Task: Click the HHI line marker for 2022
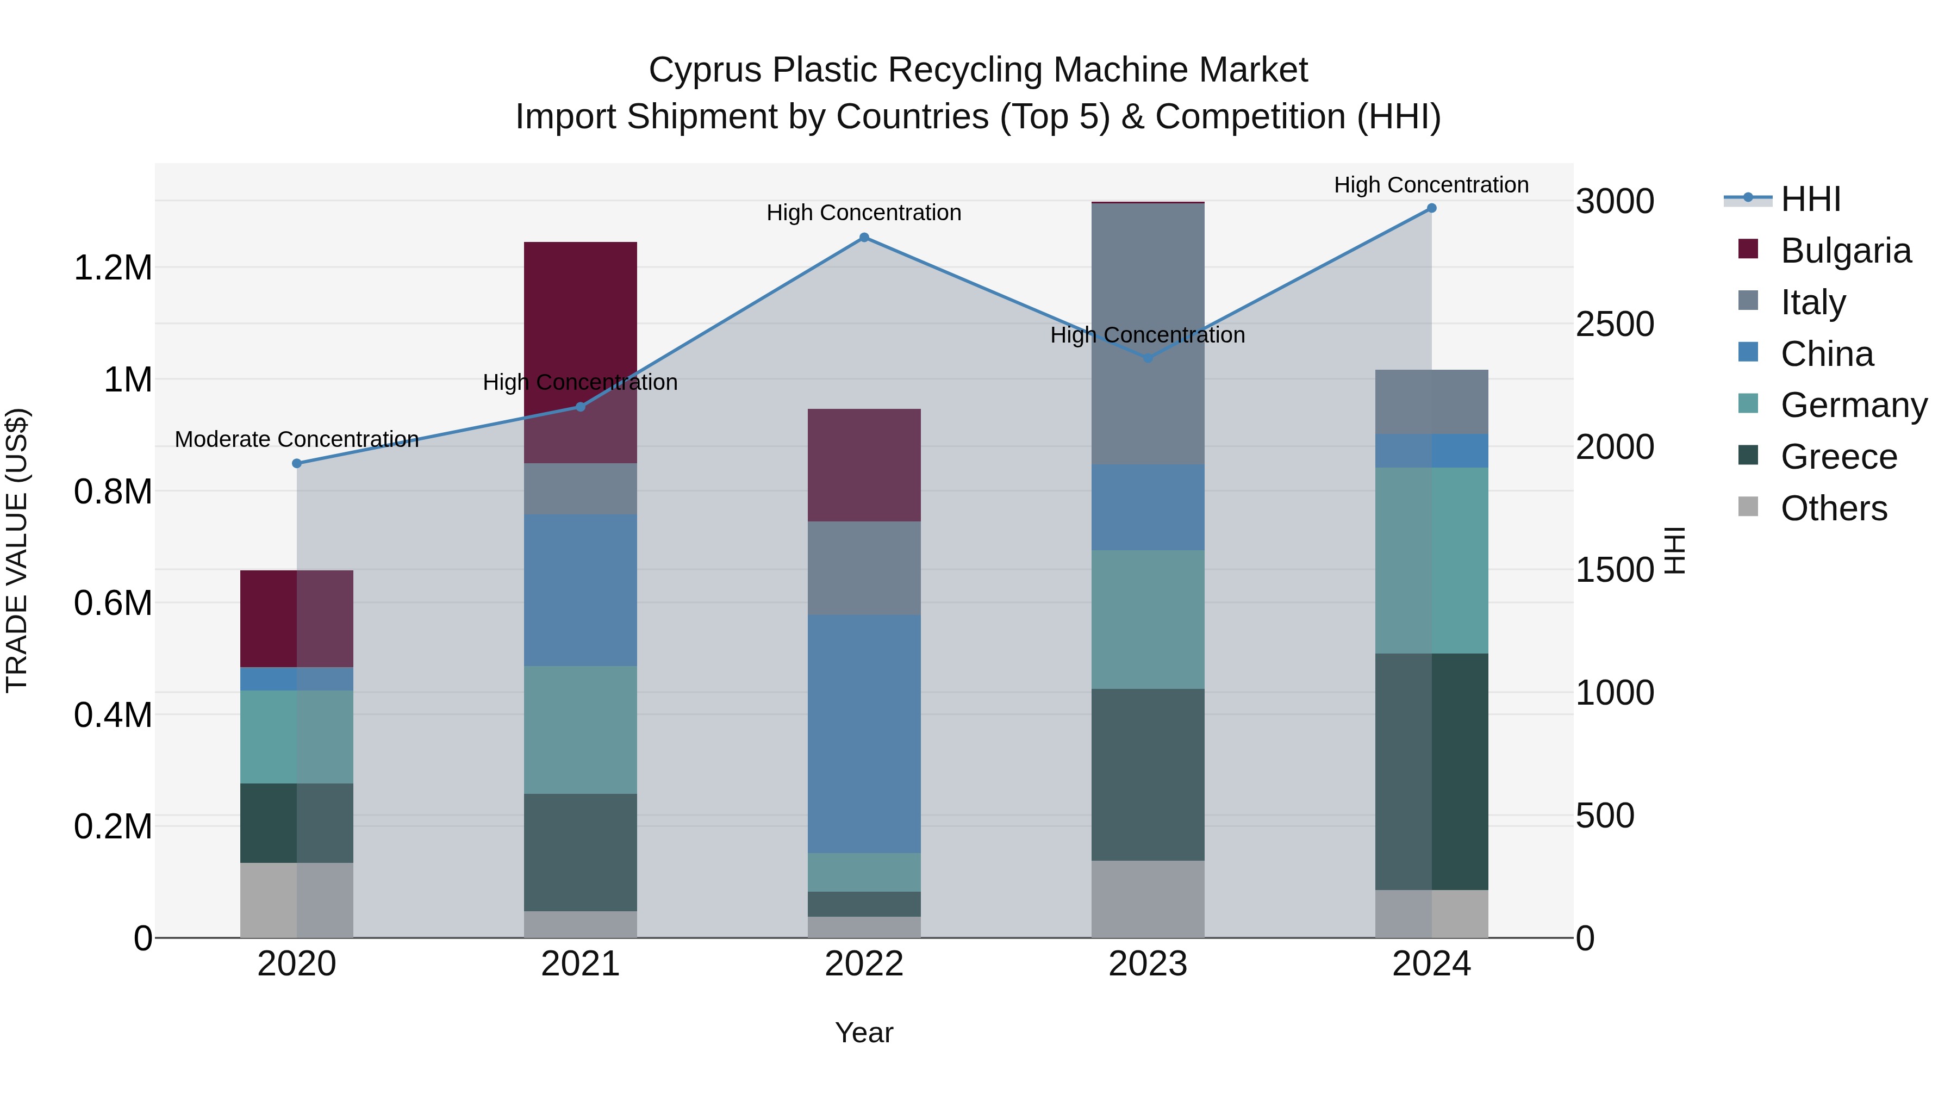[x=864, y=237]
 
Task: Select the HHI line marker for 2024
[x=1431, y=208]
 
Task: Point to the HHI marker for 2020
[x=297, y=463]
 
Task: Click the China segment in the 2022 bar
[x=864, y=733]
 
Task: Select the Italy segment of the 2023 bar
[x=1148, y=334]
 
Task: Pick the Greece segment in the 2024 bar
[x=1431, y=771]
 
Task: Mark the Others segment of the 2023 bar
[x=1148, y=899]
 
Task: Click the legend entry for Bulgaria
[x=1846, y=251]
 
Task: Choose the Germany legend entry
[x=1854, y=405]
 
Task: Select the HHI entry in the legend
[x=1810, y=199]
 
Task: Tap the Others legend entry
[x=1833, y=508]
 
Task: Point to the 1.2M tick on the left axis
[x=113, y=268]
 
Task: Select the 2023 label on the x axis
[x=1148, y=964]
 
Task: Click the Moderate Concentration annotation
[x=297, y=439]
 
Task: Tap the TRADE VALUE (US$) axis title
[x=17, y=550]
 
